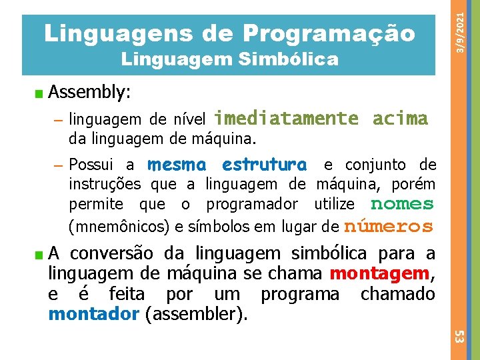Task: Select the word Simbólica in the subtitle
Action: pos(291,61)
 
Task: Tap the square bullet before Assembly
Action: pos(40,91)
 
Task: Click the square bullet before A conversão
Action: pos(40,254)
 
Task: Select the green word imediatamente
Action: pos(287,119)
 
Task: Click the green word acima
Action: pos(400,119)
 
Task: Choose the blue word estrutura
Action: pos(265,164)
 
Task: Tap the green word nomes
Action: pos(402,204)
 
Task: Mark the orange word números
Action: pos(389,226)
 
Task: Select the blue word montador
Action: pos(93,313)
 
